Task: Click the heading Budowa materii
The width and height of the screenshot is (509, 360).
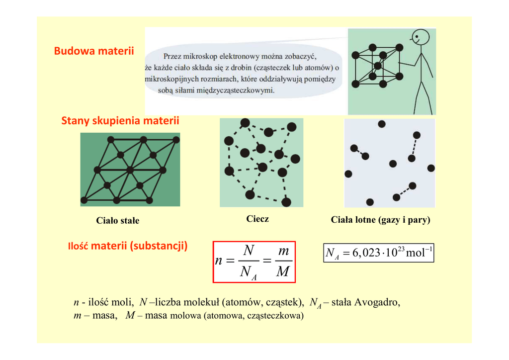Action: point(94,51)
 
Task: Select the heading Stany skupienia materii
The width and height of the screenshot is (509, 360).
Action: point(120,121)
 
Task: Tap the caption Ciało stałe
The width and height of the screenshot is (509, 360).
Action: point(118,220)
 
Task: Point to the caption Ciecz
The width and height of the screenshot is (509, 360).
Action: point(257,219)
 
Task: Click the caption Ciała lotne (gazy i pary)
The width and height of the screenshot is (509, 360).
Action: point(380,220)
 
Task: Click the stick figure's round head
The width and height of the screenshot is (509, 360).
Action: point(420,37)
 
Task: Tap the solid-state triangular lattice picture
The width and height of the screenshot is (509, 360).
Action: point(130,170)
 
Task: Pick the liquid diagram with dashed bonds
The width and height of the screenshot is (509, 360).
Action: point(261,163)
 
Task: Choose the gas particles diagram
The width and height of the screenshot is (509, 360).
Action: point(389,163)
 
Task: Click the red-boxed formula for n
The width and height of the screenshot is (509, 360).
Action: point(254,262)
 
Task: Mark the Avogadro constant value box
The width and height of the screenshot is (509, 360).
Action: point(378,253)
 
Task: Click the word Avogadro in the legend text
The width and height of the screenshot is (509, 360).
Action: point(377,302)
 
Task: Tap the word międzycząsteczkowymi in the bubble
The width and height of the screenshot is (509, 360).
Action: point(235,90)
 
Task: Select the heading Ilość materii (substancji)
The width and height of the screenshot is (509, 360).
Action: point(127,246)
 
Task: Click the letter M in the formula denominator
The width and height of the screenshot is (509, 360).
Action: point(282,272)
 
